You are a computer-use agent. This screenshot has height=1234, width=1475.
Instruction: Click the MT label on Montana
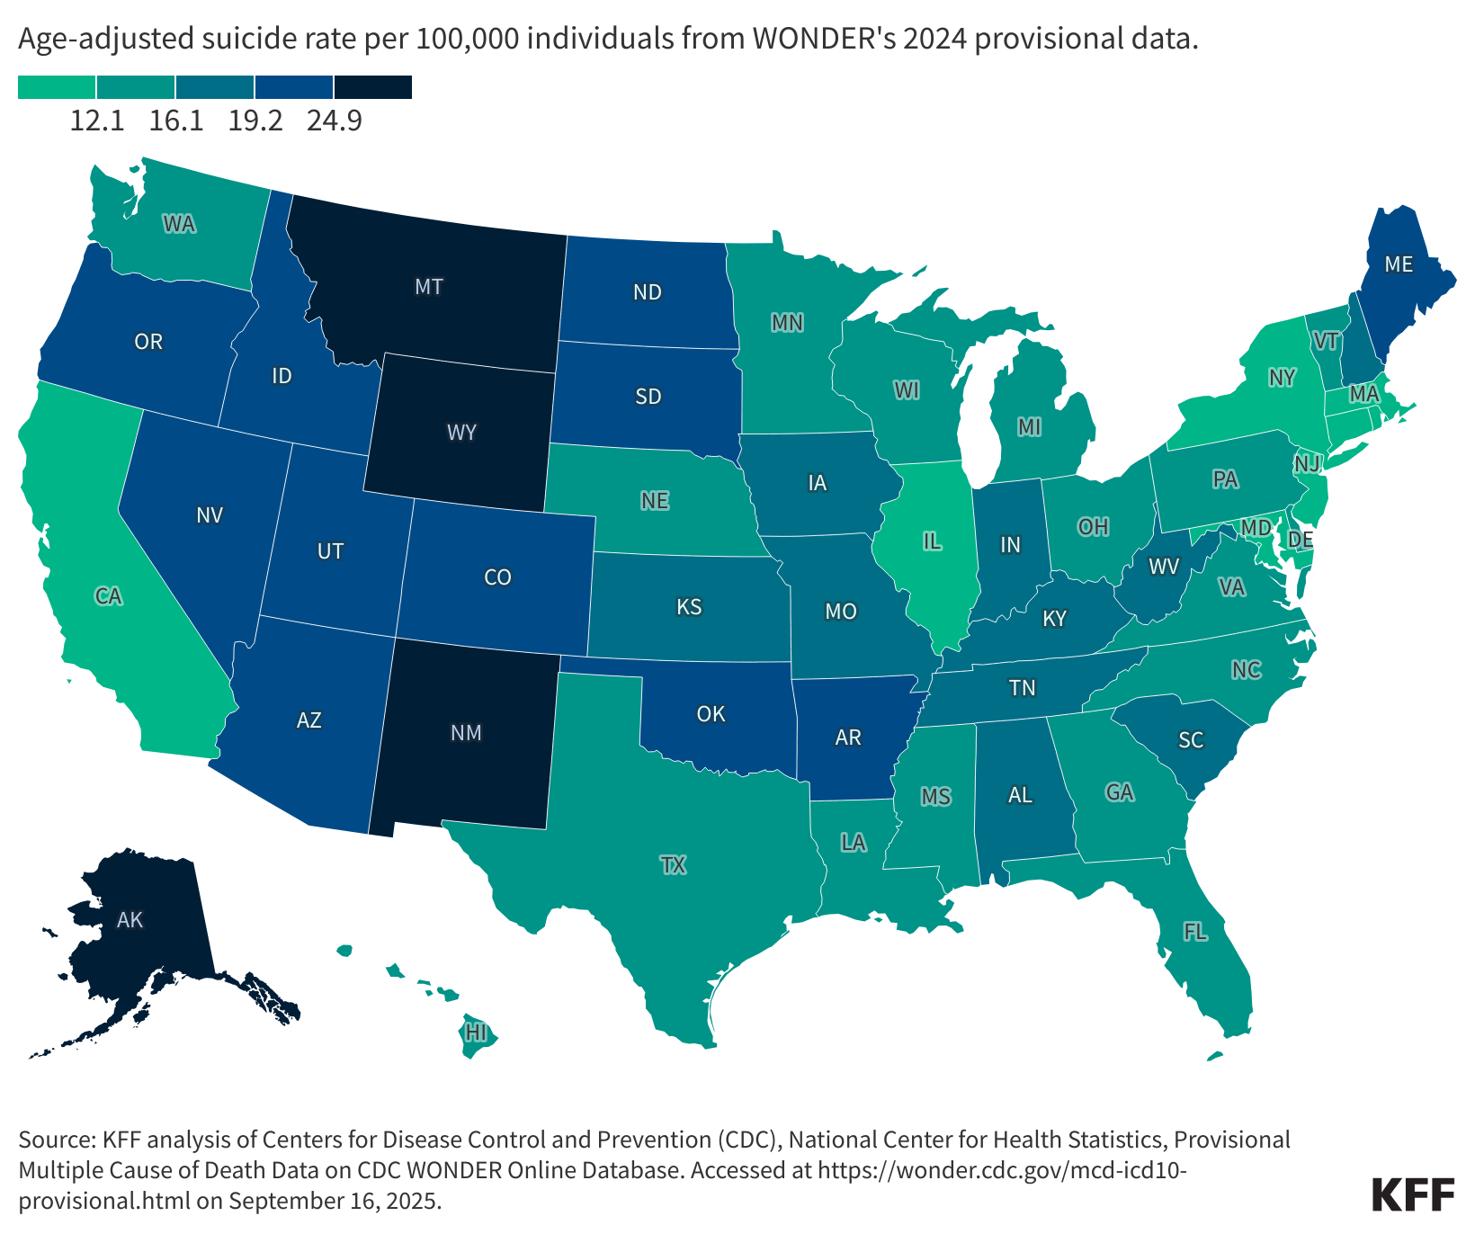tap(429, 287)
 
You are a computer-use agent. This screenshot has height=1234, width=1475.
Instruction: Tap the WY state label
tap(461, 433)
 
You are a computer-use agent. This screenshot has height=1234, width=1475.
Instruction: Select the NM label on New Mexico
tap(466, 733)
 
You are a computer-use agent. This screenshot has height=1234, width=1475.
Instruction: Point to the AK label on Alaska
tap(130, 920)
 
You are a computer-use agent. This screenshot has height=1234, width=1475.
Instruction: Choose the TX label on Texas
tap(673, 866)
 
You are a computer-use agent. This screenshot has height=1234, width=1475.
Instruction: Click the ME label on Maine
tap(1399, 264)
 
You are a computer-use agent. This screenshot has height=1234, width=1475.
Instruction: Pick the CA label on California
tap(109, 596)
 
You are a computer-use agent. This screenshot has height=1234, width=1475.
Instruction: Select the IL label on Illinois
tap(932, 541)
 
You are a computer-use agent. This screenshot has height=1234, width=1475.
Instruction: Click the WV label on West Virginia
tap(1164, 567)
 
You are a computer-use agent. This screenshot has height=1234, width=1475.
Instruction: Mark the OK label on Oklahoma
tap(711, 714)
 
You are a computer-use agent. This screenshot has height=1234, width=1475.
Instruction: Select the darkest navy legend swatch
tap(373, 86)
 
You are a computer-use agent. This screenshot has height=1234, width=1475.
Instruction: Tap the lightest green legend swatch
tap(57, 86)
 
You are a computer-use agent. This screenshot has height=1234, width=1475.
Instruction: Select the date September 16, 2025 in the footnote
tap(334, 1201)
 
